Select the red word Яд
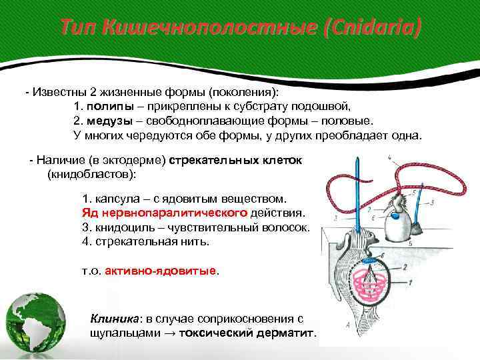[x=89, y=213]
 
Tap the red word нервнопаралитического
[x=174, y=213]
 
